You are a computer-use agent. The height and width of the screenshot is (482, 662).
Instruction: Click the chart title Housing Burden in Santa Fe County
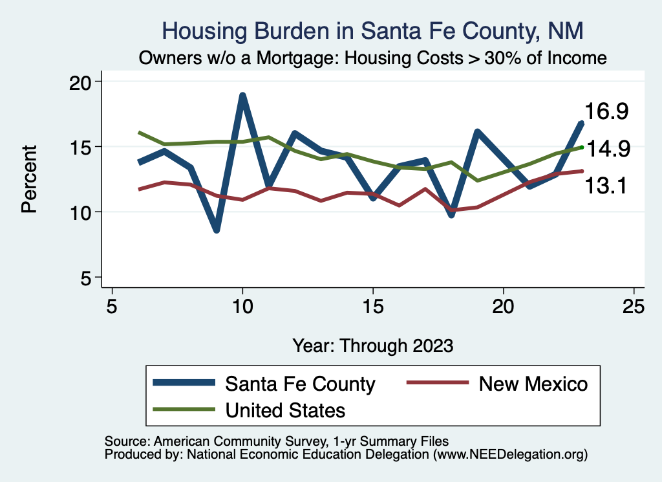pos(373,30)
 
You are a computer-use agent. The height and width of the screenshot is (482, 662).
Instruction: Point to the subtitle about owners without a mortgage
pos(373,58)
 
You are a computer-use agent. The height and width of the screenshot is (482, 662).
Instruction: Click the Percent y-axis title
pos(29,179)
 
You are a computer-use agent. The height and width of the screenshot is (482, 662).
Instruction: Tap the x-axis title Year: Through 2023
pos(373,345)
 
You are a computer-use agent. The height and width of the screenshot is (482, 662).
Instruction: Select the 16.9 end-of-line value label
pos(607,112)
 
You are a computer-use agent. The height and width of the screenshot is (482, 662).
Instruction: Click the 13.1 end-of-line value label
pos(607,186)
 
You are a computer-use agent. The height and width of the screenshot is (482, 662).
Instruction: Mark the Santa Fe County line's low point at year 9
pos(217,230)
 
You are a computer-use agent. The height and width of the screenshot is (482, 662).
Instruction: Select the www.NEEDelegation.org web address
pos(510,455)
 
